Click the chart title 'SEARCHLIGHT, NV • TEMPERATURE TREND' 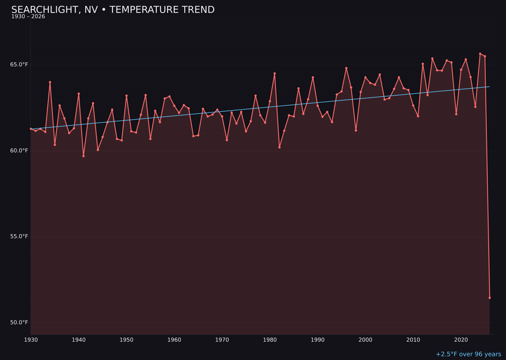(112, 10)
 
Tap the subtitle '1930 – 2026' (28, 17)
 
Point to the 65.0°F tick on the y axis (19, 64)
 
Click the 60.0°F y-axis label (19, 150)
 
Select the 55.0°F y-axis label (19, 236)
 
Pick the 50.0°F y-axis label (19, 322)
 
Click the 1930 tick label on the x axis (31, 339)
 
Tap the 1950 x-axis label (126, 339)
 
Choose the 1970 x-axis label (222, 339)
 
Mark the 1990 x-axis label (318, 339)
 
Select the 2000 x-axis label (365, 339)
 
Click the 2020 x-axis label (461, 339)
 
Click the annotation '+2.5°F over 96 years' (468, 354)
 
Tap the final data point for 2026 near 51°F (490, 298)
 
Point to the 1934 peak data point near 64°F (50, 82)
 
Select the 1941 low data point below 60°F (83, 156)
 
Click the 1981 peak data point (275, 74)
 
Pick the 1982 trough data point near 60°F (279, 147)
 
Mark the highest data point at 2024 (480, 53)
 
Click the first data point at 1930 (31, 129)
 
